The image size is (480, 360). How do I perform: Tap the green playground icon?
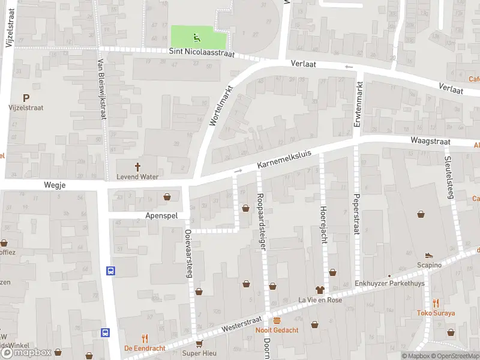(196, 38)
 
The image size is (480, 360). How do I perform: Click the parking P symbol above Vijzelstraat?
(26, 98)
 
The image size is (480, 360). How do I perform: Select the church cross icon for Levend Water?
(137, 167)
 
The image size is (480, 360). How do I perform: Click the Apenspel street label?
(161, 215)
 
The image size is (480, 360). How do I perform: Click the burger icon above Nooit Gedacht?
(277, 320)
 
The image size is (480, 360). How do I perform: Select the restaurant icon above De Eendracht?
(144, 338)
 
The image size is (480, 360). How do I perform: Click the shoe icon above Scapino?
(429, 256)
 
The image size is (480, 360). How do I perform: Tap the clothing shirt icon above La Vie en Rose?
(319, 290)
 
